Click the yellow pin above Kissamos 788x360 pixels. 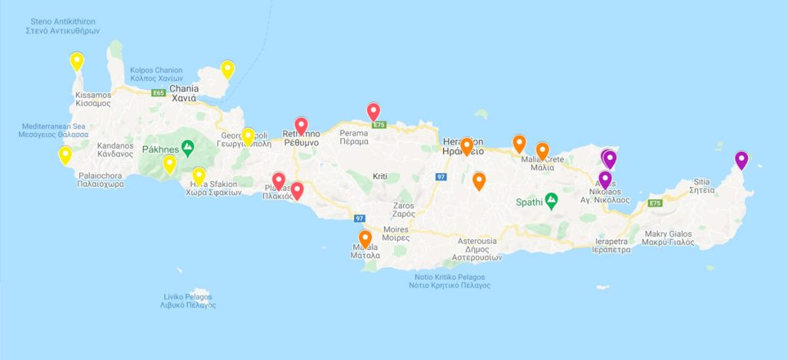coord(76,61)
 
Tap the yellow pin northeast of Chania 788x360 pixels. coord(227,69)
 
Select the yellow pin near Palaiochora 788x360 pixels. coord(65,155)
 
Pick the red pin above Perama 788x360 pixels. coord(373,112)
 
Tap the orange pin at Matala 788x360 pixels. coord(366,239)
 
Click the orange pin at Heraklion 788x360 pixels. coord(466,145)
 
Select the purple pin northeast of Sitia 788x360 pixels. coord(741,160)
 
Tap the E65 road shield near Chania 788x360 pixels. coord(159,93)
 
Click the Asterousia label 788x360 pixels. coord(476,245)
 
